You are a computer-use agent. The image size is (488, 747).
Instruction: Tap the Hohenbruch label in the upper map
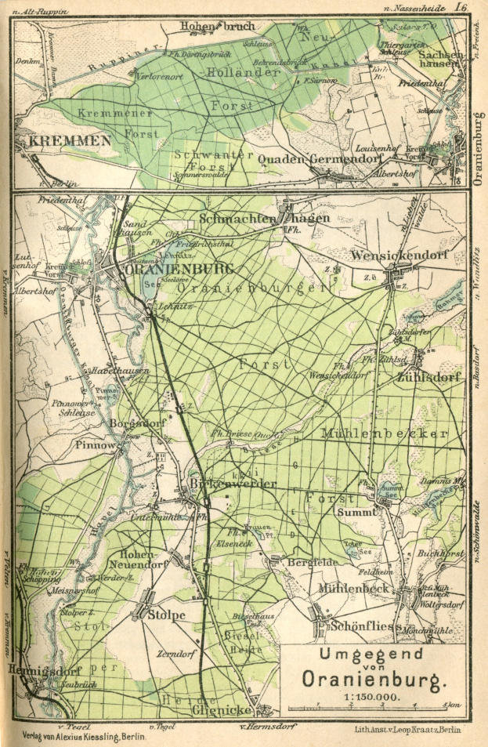217,27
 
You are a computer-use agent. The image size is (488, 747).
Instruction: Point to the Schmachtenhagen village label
264,219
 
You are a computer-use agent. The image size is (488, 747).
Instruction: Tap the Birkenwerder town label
233,484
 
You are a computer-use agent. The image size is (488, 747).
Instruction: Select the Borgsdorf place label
138,423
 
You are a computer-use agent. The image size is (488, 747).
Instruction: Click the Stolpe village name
167,615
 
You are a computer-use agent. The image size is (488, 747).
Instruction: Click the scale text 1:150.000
366,695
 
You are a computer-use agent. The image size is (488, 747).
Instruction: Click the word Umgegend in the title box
365,654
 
